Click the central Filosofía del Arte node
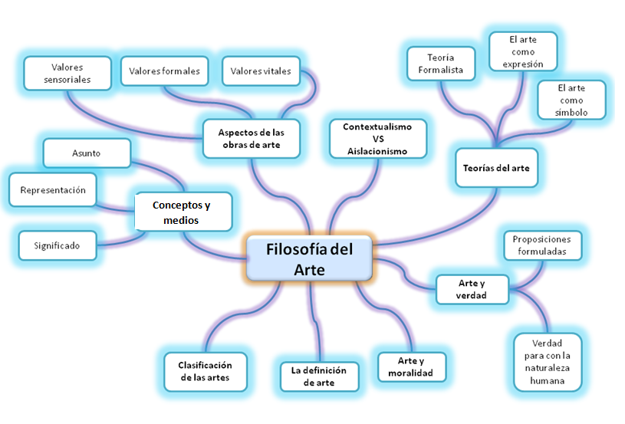click(x=310, y=258)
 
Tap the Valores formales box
click(x=164, y=71)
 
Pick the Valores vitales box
click(x=260, y=71)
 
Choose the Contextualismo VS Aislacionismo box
click(x=377, y=139)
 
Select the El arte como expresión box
click(x=522, y=51)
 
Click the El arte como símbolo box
click(x=571, y=100)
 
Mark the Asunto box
click(x=87, y=153)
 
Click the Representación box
click(x=53, y=190)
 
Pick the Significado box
click(x=58, y=246)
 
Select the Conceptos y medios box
click(x=182, y=212)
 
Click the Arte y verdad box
click(x=471, y=289)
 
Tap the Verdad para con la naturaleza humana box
click(x=547, y=360)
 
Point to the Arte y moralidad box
click(x=411, y=366)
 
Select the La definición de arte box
click(x=318, y=376)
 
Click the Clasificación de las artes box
click(x=205, y=371)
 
